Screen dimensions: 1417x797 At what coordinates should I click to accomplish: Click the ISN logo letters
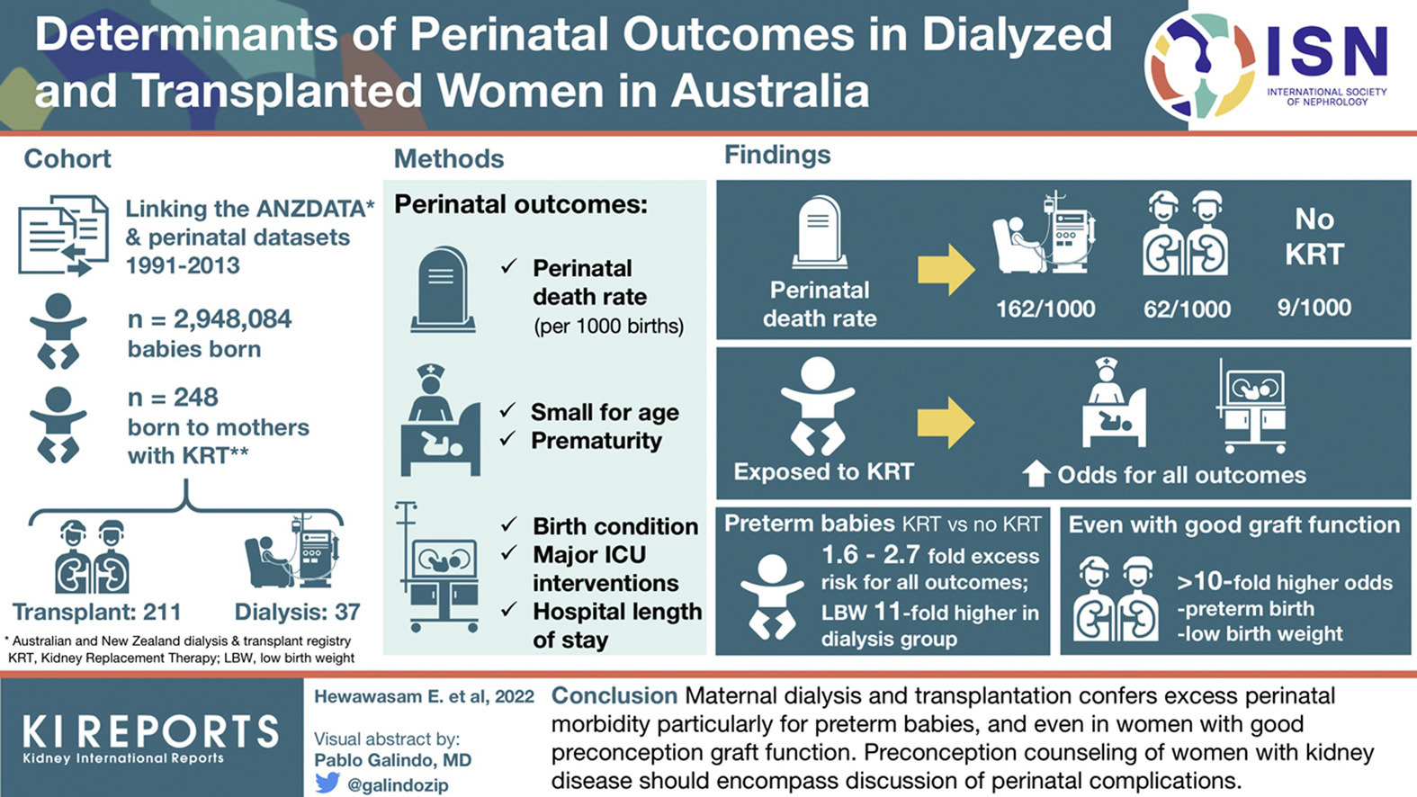coord(1326,52)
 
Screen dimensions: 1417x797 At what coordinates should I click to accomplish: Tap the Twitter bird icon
coord(327,783)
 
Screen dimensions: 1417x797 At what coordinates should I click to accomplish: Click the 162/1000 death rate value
coord(1045,309)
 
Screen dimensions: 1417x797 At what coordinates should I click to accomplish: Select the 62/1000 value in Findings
coord(1187,309)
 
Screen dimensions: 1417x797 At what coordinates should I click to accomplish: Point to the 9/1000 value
coord(1314,308)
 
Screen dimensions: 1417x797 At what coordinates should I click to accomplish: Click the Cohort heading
coord(67,158)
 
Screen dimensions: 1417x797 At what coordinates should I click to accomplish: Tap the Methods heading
coord(449,158)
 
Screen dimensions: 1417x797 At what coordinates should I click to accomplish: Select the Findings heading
coord(777,155)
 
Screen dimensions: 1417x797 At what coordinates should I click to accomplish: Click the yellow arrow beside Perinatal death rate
coord(946,270)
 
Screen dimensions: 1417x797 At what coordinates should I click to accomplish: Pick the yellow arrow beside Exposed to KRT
coord(946,423)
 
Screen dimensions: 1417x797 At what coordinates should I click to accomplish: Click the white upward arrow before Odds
coord(1036,474)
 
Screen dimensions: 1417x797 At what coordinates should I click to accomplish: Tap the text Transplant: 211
coord(97,612)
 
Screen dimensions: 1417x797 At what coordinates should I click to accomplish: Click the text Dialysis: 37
coord(297,612)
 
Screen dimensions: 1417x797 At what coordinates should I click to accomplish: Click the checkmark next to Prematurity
coord(508,438)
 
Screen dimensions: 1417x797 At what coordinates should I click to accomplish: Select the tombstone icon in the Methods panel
coord(442,290)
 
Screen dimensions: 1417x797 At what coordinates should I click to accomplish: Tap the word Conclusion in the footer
coord(614,695)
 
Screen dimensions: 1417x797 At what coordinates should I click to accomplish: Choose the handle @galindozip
coord(398,784)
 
